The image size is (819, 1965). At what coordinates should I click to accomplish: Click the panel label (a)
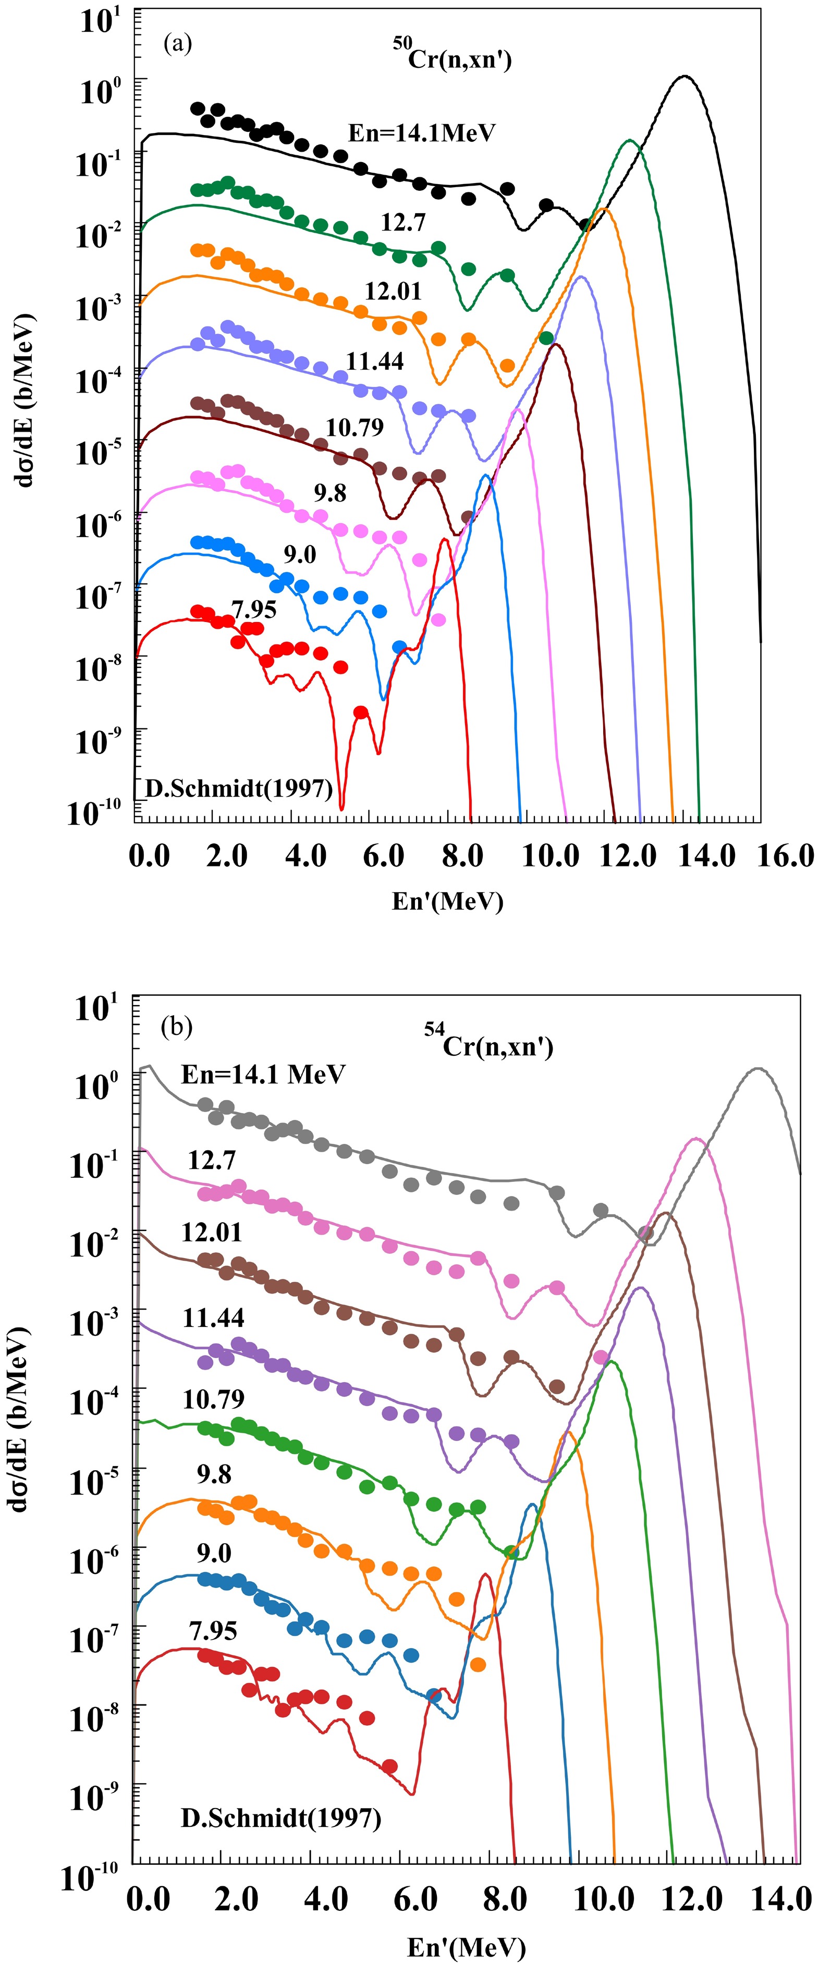178,43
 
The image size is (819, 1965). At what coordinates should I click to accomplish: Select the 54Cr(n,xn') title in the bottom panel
489,1042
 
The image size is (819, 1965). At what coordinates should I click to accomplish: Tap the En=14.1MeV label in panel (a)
422,133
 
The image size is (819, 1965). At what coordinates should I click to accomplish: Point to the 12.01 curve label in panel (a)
393,291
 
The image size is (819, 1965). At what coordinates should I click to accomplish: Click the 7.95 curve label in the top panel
253,609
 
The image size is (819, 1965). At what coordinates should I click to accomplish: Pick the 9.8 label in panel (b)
214,1474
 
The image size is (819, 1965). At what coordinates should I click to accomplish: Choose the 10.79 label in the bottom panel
214,1399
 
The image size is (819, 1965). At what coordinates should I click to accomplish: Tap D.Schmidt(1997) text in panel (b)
280,1818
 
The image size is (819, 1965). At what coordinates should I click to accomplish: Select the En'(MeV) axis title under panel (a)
448,901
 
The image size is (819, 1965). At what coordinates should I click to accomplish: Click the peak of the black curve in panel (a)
685,76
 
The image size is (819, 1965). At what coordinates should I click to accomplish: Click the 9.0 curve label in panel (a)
300,555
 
